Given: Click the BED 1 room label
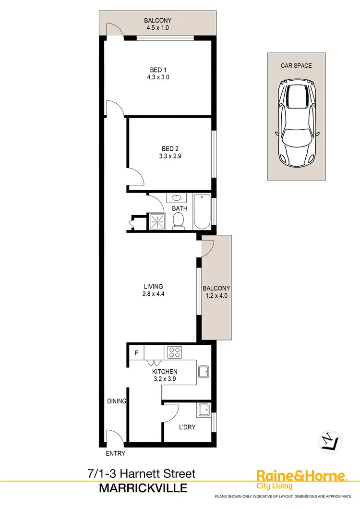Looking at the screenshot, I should tap(158, 70).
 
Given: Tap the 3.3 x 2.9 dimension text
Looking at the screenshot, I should tap(158, 156).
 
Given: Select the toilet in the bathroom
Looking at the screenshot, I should tap(179, 220).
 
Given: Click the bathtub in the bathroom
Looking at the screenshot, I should tap(202, 212).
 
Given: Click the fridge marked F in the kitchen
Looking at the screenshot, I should tap(136, 353).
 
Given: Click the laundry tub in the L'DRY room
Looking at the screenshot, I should tap(203, 410).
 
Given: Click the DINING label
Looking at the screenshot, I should tap(117, 401).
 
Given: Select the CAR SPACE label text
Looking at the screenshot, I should tap(296, 65).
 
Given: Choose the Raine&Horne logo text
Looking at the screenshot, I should tap(301, 476).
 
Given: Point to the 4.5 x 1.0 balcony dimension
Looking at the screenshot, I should tap(158, 28).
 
